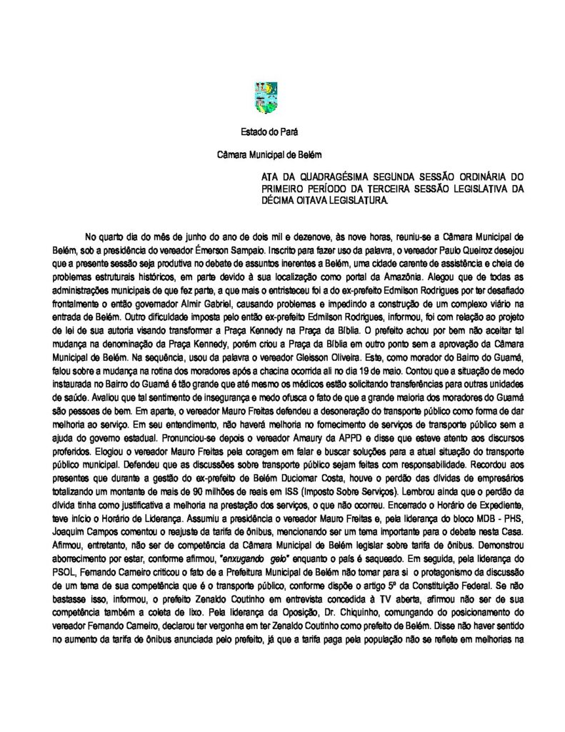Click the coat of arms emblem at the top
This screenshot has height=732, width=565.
266,97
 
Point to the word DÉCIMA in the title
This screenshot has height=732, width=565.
279,201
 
